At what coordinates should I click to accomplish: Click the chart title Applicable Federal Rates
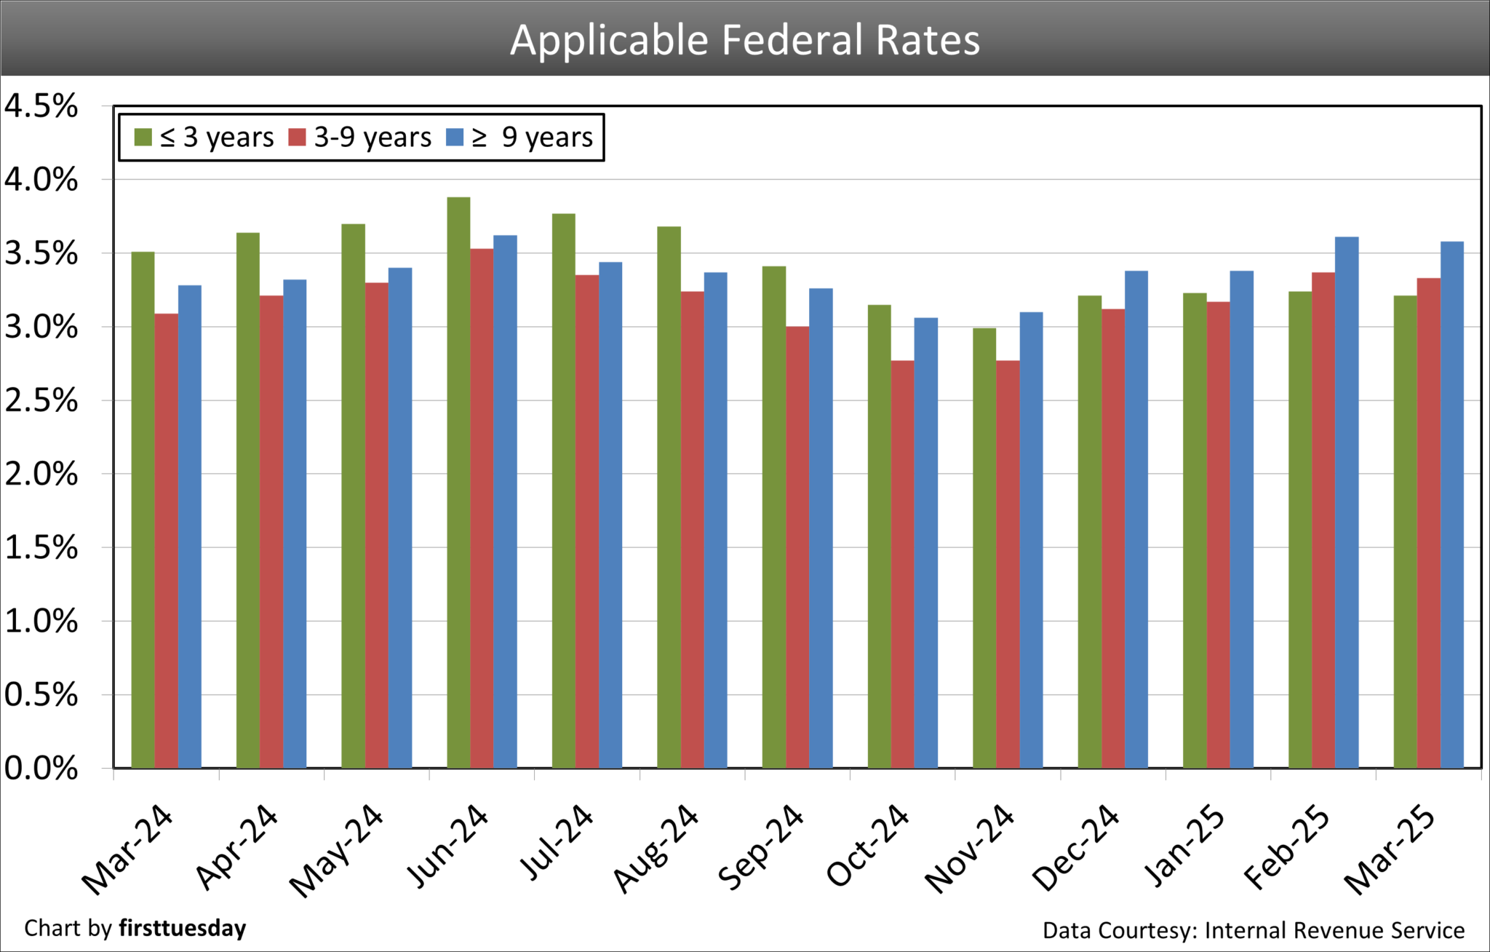tap(745, 39)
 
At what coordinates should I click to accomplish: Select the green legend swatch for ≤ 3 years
tap(143, 138)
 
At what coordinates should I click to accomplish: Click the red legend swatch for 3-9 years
tap(297, 138)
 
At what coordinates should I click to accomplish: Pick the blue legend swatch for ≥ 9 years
tap(455, 138)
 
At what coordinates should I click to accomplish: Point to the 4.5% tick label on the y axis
tap(41, 106)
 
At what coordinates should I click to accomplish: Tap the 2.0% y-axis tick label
tap(41, 475)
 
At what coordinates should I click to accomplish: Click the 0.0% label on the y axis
tap(41, 769)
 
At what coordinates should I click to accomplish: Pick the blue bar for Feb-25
tap(1347, 502)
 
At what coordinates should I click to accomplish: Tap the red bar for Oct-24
tap(903, 564)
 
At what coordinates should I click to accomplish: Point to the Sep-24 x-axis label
tap(761, 848)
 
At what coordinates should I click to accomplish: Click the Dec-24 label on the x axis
tap(1076, 848)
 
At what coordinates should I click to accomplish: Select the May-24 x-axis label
tap(336, 850)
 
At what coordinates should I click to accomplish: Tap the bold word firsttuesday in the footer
tap(182, 929)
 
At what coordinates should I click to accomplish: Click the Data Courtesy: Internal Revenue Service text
tap(1253, 930)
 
